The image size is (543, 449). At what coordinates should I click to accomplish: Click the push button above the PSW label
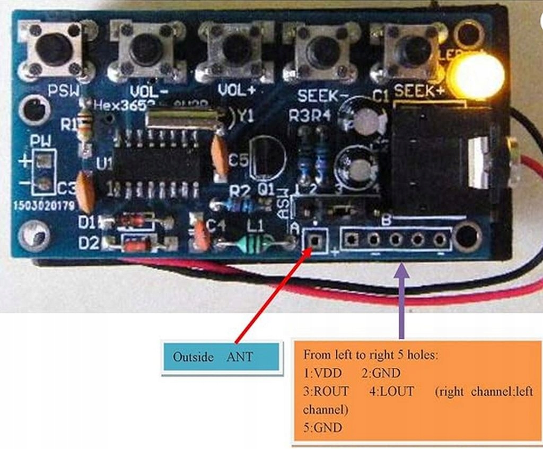[x=55, y=48]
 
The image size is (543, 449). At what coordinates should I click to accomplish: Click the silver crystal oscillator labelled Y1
[x=183, y=117]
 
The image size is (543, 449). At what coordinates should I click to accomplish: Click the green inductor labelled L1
[x=253, y=244]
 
